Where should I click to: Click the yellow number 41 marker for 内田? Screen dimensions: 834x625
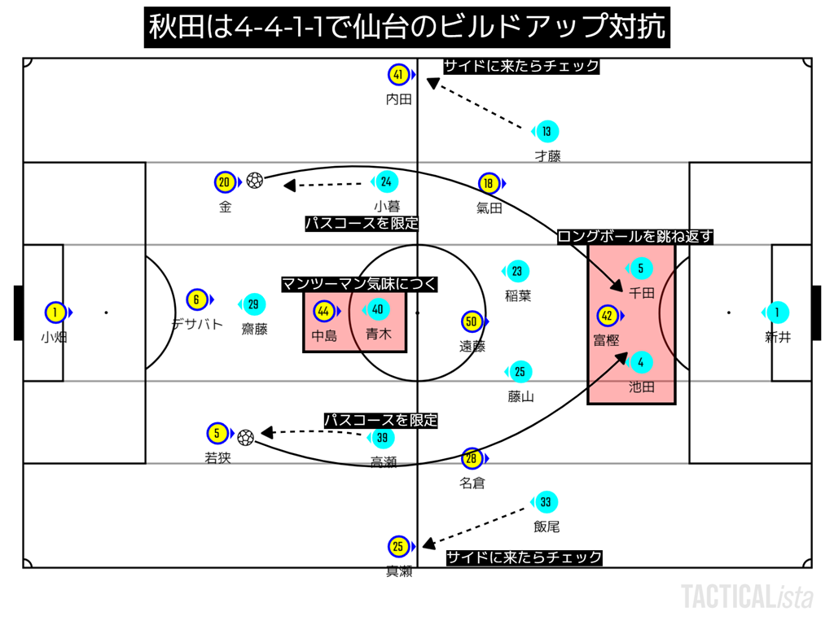pos(398,75)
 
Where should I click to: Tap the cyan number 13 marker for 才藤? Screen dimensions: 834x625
pos(546,131)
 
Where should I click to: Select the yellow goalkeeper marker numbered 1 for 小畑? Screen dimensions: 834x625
pos(55,312)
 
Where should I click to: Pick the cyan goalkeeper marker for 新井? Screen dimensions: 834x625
pos(777,312)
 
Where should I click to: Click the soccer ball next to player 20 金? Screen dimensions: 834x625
pos(255,181)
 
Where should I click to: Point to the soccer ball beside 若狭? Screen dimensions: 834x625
pos(246,437)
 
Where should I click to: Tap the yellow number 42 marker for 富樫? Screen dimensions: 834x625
pos(608,316)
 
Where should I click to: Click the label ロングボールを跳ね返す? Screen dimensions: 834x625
pos(635,237)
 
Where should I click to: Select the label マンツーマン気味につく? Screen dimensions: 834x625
pos(359,284)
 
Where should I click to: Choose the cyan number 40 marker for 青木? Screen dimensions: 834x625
pos(377,309)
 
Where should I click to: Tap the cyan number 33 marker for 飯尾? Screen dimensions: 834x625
pos(546,502)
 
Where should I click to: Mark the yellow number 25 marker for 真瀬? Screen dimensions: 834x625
pos(398,547)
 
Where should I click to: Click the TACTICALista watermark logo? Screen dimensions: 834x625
pos(747,597)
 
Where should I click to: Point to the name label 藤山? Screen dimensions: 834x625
pos(520,396)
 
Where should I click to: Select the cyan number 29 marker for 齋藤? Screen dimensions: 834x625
pos(253,304)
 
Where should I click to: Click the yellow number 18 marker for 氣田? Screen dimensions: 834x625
pos(489,183)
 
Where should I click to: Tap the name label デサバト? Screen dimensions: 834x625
pos(196,323)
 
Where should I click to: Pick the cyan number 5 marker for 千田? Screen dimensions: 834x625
pos(640,268)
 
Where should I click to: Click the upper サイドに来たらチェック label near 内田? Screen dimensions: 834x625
pos(520,66)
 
